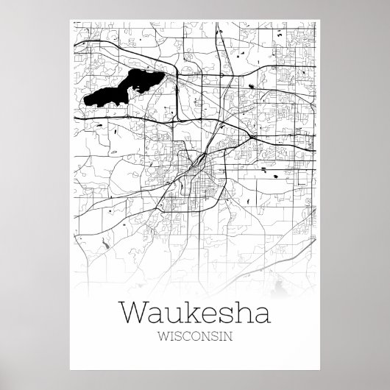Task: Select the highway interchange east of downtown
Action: click(252, 137)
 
